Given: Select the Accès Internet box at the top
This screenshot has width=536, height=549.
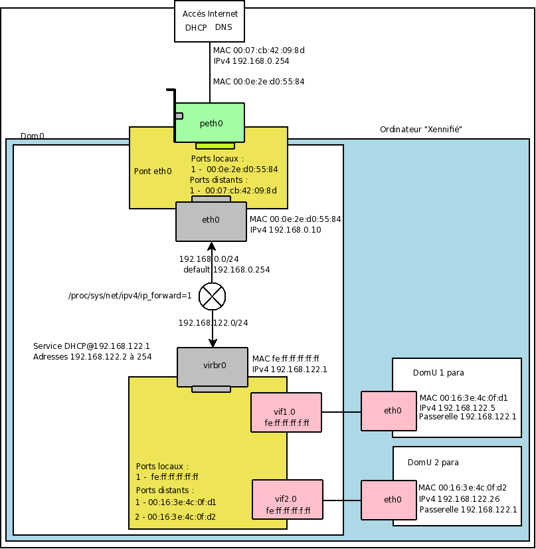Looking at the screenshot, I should point(210,21).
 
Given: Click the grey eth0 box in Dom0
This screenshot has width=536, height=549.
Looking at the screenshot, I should point(211,221).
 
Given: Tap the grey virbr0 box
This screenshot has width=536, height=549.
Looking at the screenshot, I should point(211,366).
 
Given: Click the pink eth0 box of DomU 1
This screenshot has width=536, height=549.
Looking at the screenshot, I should point(392,411).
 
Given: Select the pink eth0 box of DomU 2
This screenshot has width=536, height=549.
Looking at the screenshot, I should point(392,500).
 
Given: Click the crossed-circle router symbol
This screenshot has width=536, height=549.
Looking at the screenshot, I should point(213,296).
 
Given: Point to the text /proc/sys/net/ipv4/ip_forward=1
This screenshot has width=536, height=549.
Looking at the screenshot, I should point(130,296).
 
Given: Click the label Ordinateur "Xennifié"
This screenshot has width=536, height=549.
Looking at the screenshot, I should point(420,129).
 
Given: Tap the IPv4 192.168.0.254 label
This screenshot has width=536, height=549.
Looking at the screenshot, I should point(251,60).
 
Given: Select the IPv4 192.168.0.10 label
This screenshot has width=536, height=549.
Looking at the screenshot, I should point(285,229).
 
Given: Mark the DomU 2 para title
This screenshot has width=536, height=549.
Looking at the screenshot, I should point(432,462).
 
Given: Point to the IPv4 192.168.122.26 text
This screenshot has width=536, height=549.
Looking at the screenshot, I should point(459,498).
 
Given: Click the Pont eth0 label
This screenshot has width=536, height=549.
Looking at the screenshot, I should point(153,171).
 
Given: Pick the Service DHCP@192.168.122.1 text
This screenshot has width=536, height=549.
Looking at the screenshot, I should point(92,346).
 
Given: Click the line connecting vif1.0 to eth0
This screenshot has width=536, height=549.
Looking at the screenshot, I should point(341,412).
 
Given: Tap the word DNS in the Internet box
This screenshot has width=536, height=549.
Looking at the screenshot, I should point(224,28).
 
